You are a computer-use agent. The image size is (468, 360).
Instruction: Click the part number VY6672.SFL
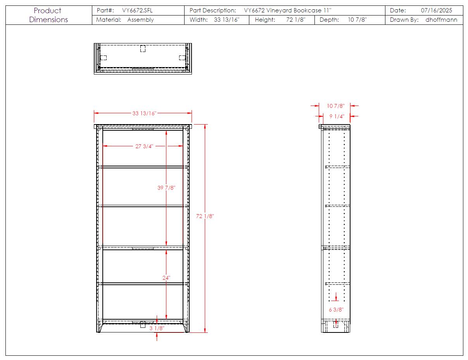(137, 10)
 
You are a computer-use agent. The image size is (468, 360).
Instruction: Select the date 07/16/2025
(436, 10)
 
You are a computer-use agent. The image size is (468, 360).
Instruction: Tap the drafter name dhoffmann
(441, 20)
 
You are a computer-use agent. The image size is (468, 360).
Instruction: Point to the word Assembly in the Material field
(140, 20)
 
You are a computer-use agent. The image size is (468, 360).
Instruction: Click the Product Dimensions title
(48, 15)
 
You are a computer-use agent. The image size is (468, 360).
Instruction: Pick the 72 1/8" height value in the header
(296, 20)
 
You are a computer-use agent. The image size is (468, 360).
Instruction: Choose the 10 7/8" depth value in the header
(357, 20)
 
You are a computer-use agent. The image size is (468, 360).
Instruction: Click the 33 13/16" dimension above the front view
(144, 113)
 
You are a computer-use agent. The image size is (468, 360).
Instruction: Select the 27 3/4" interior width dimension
(144, 146)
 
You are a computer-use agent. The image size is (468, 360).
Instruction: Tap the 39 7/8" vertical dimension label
(166, 188)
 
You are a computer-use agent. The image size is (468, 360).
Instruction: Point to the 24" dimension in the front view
(166, 278)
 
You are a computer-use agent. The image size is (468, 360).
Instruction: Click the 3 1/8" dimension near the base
(157, 328)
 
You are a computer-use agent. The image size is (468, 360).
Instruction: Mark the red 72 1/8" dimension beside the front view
(205, 216)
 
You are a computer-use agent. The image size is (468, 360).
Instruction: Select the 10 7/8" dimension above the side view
(335, 106)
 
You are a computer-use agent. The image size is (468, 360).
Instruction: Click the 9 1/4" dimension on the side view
(337, 116)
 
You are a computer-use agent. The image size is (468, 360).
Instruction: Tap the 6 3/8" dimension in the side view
(336, 310)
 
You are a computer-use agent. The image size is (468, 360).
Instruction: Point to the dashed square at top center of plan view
(143, 48)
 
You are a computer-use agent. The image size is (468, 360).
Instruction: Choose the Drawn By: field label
(404, 20)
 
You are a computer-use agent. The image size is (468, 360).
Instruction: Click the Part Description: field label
(212, 10)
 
